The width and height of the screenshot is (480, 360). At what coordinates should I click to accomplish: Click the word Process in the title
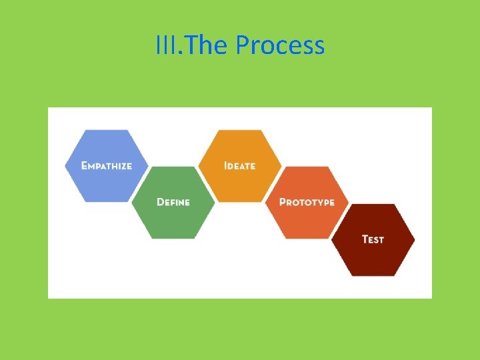point(280,46)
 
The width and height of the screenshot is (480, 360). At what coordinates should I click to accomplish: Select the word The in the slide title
point(203,46)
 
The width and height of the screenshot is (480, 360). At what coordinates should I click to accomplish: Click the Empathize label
point(107,165)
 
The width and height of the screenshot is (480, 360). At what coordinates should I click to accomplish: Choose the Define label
point(173,202)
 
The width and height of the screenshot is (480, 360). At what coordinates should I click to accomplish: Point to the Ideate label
point(240,165)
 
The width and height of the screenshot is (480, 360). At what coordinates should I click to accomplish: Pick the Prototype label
point(307,202)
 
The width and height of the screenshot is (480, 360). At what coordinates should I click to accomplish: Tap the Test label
point(373,239)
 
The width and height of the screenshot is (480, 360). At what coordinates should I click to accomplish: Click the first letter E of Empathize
point(84,165)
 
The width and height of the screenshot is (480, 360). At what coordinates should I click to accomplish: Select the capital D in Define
point(160,202)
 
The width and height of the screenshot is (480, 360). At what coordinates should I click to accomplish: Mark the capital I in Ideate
point(226,165)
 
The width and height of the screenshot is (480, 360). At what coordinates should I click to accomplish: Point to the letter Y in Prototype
point(323,202)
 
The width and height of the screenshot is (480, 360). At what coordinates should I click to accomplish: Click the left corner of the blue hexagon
point(65,165)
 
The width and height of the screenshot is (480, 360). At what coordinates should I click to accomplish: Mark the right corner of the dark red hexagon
point(414,239)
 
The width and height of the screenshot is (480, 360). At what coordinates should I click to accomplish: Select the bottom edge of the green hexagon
point(173,237)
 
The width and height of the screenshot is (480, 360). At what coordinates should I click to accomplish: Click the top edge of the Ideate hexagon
point(240,130)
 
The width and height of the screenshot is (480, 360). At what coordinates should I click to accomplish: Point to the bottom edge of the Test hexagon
point(373,275)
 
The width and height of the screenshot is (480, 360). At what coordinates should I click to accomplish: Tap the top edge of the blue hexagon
point(107,130)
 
